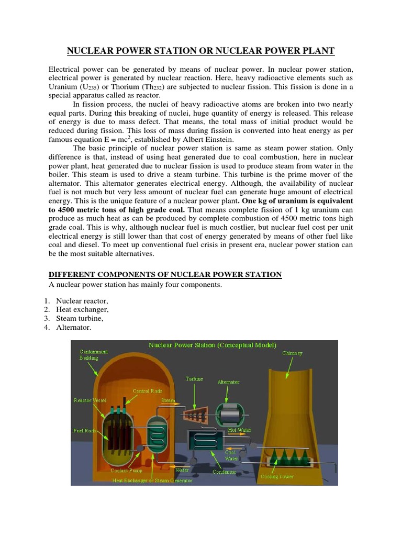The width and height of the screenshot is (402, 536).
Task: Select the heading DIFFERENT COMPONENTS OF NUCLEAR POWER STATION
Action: tap(165, 275)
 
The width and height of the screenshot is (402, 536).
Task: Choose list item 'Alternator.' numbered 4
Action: tap(73, 328)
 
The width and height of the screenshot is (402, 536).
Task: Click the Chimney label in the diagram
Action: tap(292, 353)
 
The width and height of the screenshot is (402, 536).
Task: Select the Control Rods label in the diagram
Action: tap(147, 390)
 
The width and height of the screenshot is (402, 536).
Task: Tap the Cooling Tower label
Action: tap(277, 476)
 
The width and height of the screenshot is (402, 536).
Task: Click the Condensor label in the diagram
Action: tap(224, 472)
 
